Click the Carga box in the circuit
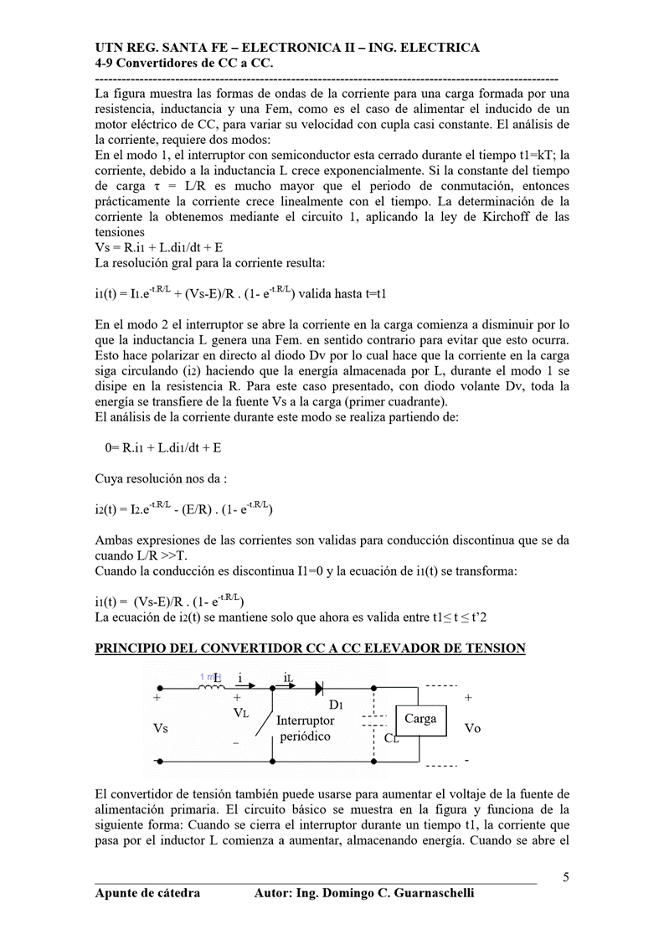tap(420, 719)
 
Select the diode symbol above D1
tap(320, 689)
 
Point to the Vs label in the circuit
tap(160, 728)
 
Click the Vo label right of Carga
tap(472, 728)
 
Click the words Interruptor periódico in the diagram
tap(305, 728)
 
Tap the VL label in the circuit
tap(241, 713)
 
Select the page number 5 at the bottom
tap(566, 877)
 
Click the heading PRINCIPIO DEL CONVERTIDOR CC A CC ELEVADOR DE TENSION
tap(310, 648)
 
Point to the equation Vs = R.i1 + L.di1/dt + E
tap(158, 248)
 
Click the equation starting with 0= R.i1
tap(163, 447)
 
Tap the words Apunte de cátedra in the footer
tap(147, 893)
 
